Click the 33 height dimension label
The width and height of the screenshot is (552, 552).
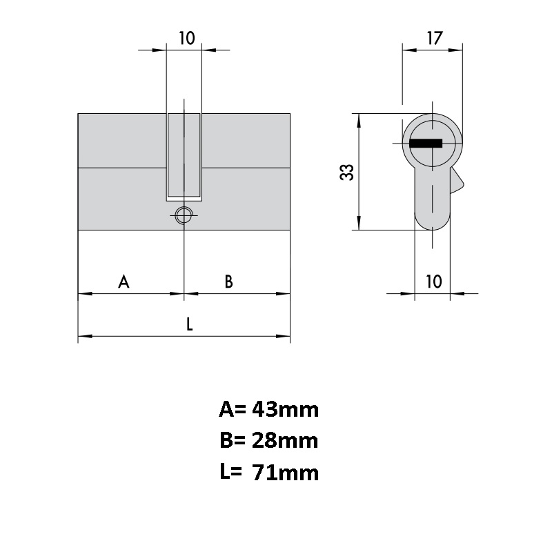coord(347,172)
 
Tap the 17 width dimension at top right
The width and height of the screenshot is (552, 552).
coord(435,38)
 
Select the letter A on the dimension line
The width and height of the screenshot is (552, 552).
coord(124,282)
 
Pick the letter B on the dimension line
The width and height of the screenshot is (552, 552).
coord(229,282)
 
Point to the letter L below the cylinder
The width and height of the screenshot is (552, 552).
coord(189,324)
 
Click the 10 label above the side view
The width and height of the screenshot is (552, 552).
coord(186,38)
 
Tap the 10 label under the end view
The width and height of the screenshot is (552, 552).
coord(434,282)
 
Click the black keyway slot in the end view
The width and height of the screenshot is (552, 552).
coord(426,144)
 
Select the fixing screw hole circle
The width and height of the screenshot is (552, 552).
coord(184,215)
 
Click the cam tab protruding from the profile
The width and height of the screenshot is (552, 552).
coord(457,181)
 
